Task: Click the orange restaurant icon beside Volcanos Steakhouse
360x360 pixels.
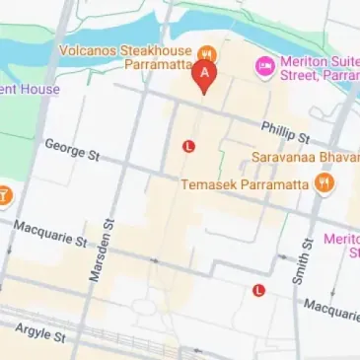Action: click(208, 51)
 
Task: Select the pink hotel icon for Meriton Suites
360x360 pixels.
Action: click(263, 66)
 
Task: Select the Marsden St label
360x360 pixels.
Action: click(101, 252)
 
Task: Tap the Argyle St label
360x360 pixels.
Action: click(42, 335)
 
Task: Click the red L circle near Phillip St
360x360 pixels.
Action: click(189, 146)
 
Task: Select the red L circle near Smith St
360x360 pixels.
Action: click(258, 290)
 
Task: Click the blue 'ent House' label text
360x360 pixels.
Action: click(30, 90)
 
